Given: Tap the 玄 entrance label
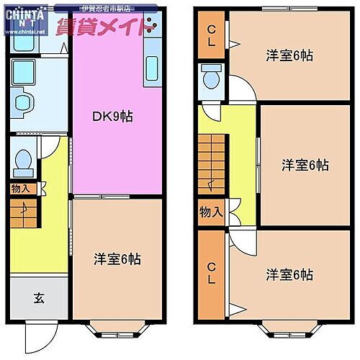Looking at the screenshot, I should point(37,298).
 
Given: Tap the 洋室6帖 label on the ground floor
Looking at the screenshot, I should point(117,259).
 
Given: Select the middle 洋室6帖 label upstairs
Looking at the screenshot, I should point(305,165).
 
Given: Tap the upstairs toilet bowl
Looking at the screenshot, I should point(212,76).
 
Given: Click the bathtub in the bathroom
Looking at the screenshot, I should point(26,71).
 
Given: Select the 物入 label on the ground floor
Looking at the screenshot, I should point(20,188).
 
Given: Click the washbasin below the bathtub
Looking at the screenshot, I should point(22,102).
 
